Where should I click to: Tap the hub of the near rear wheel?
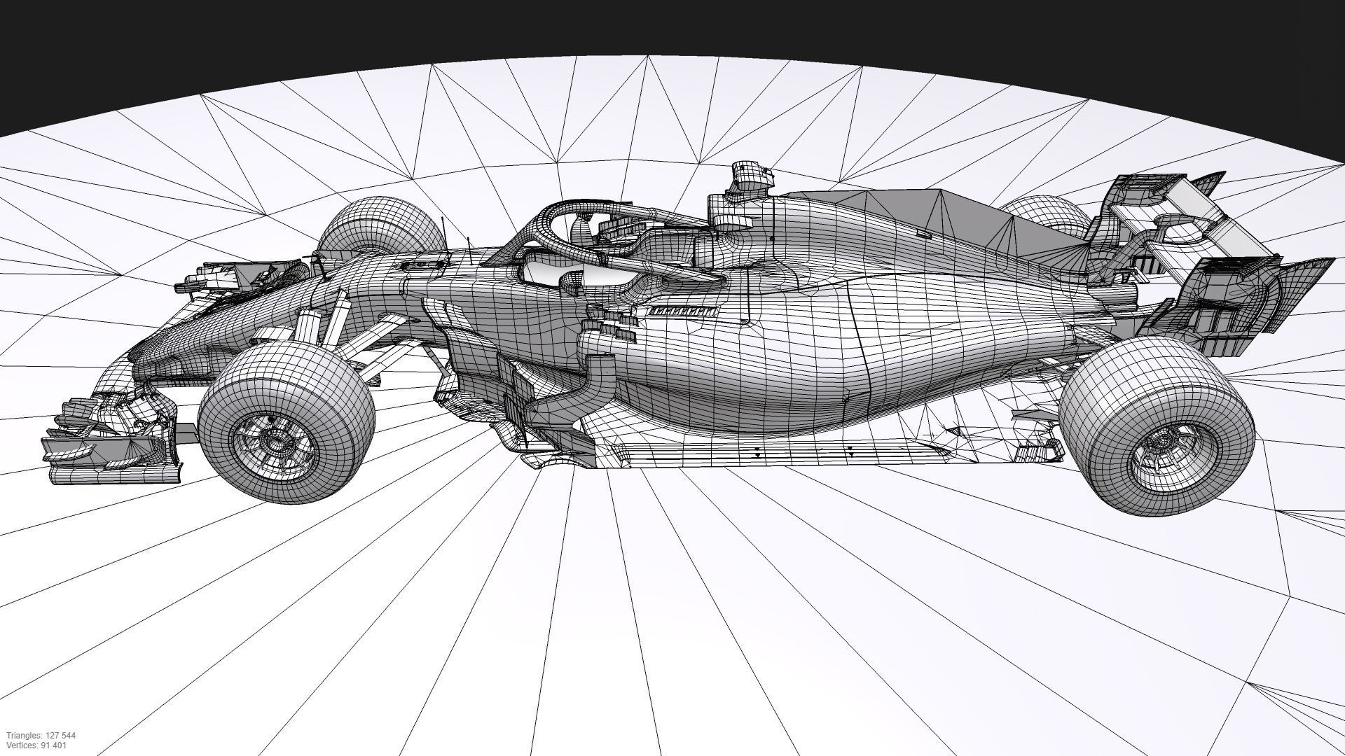[x=1166, y=448]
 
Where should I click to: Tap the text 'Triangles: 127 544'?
[x=41, y=736]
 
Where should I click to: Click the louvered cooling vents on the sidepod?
[x=683, y=311]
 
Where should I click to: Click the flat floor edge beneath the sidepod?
[x=771, y=451]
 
